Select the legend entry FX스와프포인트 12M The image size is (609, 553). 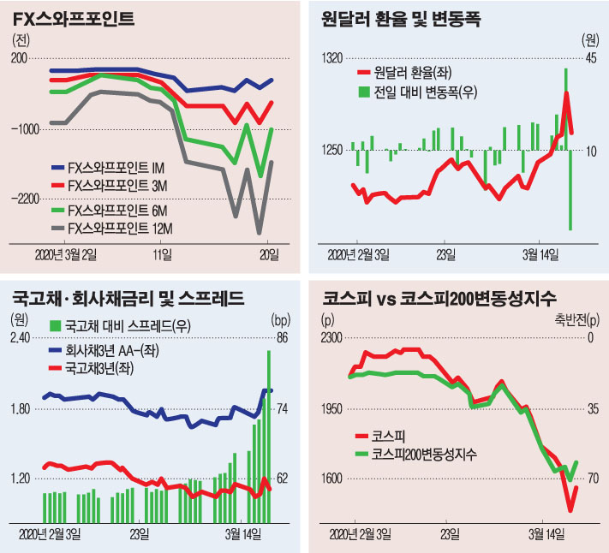(x=120, y=228)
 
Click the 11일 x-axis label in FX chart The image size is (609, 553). (x=161, y=254)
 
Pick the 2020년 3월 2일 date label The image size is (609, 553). (x=65, y=254)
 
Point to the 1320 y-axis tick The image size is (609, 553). (x=331, y=58)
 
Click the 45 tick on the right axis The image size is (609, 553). (x=589, y=58)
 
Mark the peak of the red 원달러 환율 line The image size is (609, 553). (x=566, y=92)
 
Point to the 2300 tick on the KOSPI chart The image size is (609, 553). (x=331, y=338)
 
